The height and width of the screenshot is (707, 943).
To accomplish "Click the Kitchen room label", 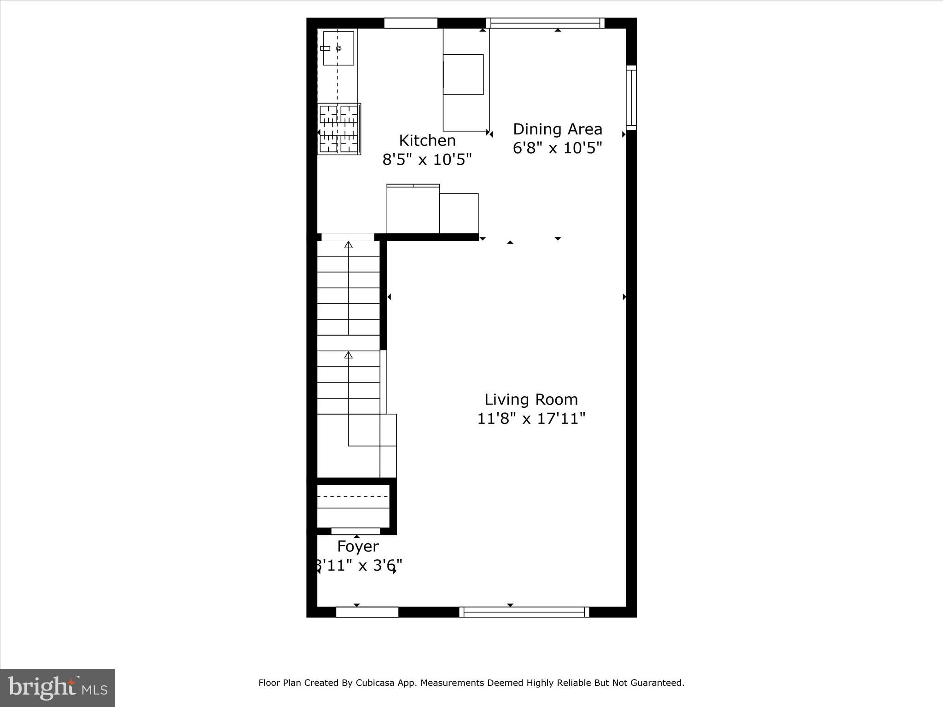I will tap(427, 140).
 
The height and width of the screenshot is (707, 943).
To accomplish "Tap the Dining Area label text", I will tap(557, 129).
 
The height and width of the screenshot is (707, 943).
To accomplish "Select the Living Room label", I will tap(531, 400).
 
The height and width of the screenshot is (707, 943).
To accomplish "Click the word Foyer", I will tap(358, 546).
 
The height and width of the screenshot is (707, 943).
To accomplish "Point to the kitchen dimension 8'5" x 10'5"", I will tap(427, 160).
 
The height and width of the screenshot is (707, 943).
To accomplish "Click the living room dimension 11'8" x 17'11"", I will tap(531, 419).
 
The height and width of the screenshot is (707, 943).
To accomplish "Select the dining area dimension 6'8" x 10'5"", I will tap(557, 148).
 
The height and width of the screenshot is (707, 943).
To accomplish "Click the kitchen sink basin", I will tap(338, 48).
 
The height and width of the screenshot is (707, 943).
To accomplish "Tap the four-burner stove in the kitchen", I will tap(339, 129).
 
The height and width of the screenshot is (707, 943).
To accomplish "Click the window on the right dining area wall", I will tap(631, 98).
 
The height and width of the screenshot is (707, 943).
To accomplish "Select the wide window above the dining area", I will tap(545, 23).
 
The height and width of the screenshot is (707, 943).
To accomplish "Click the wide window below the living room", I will tap(524, 612).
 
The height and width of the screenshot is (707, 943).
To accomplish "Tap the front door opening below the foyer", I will tap(367, 612).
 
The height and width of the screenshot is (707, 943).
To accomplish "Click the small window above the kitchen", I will tap(410, 23).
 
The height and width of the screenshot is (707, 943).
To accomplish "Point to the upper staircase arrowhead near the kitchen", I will tap(349, 245).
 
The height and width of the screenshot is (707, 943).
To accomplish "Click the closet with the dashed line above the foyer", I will tap(353, 505).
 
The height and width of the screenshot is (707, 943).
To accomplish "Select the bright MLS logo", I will tap(58, 688).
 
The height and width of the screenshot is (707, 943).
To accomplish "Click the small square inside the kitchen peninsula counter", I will tap(463, 75).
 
